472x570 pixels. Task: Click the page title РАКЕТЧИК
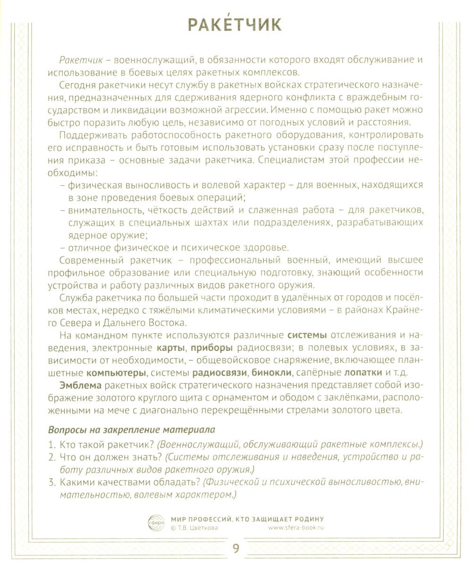point(235,24)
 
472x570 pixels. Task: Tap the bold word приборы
point(214,347)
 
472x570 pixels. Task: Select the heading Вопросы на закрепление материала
point(132,430)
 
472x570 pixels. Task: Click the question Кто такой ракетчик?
point(106,444)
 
